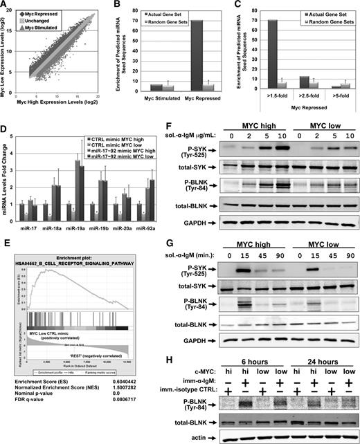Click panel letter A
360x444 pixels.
tap(5, 6)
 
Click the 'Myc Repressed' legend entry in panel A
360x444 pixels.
tap(48, 12)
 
